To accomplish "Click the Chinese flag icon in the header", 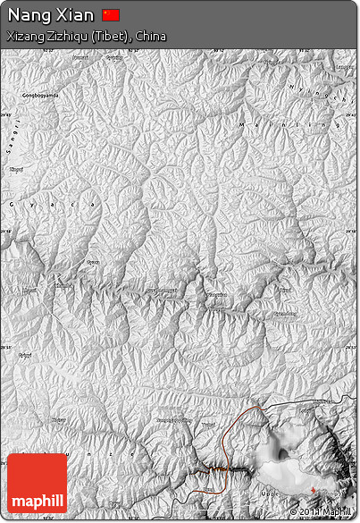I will (x=111, y=14).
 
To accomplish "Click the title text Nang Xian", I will (x=51, y=15).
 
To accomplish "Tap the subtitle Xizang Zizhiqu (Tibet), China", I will (x=86, y=37).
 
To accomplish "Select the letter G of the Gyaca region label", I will (x=11, y=205).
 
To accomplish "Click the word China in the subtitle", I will (x=151, y=37).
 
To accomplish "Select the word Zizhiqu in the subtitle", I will (x=67, y=37).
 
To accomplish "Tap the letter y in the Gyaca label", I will (x=30, y=206).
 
